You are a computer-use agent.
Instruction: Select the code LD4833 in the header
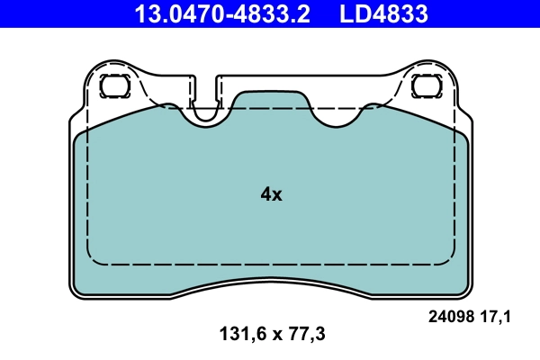coord(382,14)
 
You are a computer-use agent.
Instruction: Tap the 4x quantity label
coord(271,194)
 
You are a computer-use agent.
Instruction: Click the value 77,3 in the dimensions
coord(306,334)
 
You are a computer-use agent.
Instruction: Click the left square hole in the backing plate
coord(114,87)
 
